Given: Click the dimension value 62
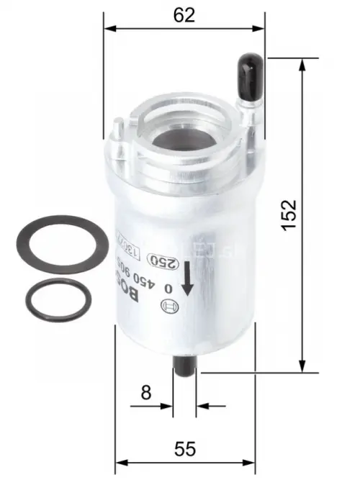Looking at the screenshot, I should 184,15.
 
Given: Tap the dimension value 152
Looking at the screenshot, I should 288,214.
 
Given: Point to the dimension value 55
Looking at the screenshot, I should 185,448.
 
